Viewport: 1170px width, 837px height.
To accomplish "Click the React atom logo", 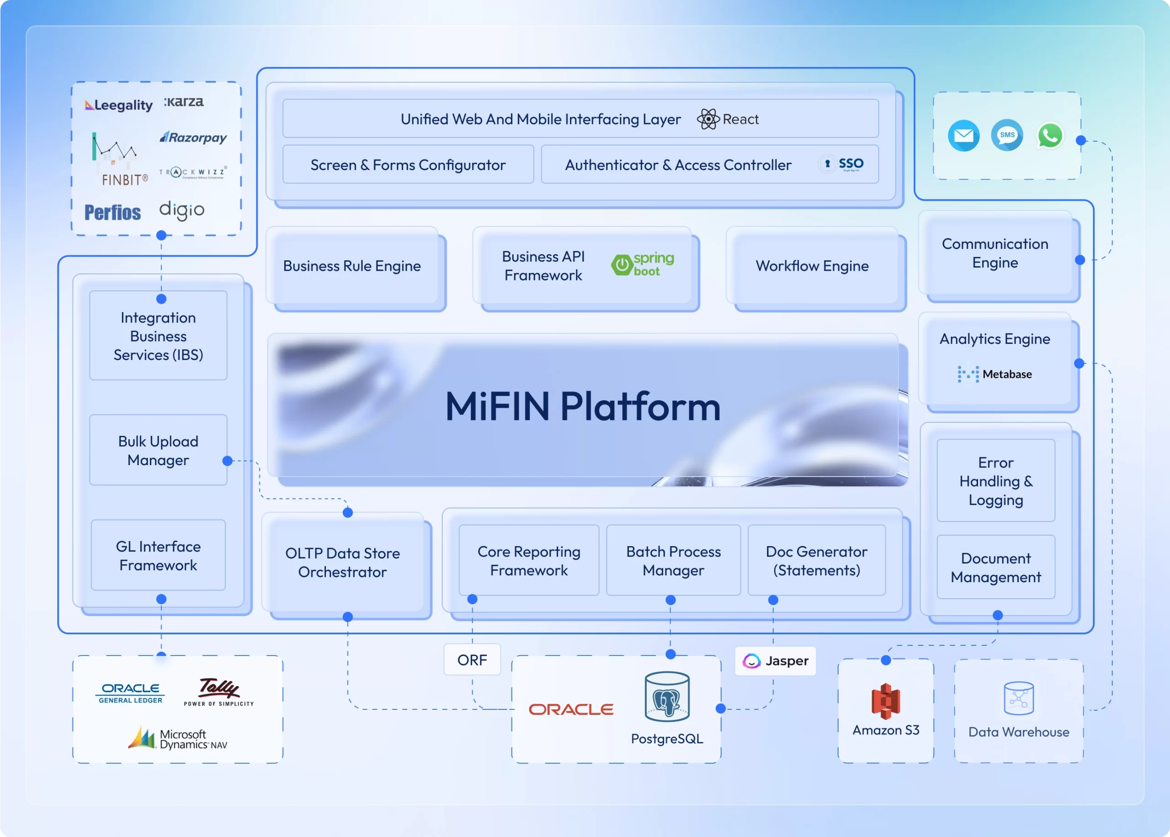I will point(708,119).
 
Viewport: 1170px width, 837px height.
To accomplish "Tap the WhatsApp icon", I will point(1049,135).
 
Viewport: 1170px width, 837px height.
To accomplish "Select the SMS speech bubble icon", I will point(1007,135).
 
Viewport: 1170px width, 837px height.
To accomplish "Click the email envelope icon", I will point(963,135).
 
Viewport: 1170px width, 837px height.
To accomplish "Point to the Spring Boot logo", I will point(643,265).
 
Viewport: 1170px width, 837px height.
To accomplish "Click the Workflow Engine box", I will point(812,266).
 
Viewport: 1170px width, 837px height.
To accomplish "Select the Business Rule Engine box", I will point(352,266).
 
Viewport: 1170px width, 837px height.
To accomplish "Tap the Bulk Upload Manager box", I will point(158,450).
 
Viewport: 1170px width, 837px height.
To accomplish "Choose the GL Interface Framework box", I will point(158,555).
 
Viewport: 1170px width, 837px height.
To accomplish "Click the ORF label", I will point(472,660).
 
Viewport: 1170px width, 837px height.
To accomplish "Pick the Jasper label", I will point(776,661).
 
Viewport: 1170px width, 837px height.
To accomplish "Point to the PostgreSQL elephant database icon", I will point(667,697).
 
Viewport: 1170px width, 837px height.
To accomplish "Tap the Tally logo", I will point(219,691).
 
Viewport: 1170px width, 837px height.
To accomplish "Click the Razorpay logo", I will point(193,138).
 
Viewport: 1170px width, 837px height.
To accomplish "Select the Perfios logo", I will point(113,212).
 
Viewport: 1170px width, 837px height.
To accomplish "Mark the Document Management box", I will point(995,567).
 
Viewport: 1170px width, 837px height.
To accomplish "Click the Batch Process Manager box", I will point(673,560).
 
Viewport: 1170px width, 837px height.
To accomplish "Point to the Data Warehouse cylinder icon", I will point(1019,698).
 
